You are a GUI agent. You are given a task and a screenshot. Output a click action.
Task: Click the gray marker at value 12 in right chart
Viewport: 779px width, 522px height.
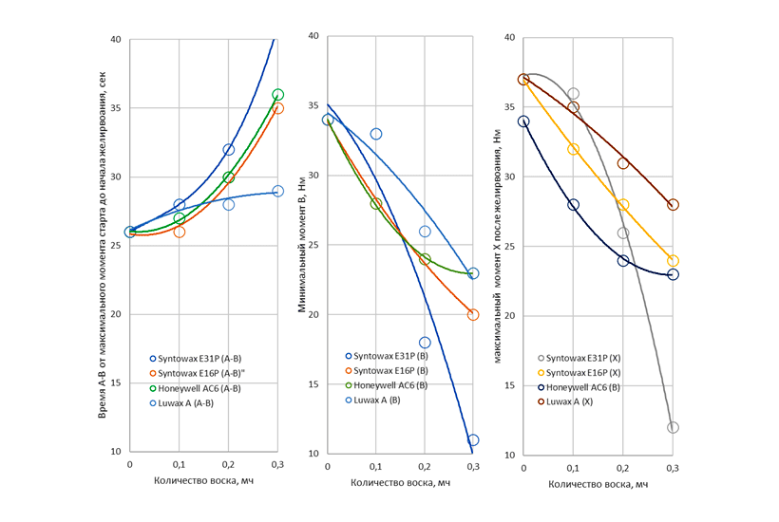point(673,427)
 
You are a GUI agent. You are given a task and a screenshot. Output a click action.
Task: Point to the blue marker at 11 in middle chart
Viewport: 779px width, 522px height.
point(473,440)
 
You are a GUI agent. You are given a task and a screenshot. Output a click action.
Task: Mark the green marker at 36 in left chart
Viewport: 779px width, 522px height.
point(277,95)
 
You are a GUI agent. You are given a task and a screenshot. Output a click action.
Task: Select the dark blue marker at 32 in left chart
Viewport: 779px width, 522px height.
point(228,150)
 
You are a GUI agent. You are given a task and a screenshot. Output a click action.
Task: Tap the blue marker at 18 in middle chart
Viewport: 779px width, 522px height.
point(425,343)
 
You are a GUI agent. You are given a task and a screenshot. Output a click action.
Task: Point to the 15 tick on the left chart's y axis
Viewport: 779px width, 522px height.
point(116,382)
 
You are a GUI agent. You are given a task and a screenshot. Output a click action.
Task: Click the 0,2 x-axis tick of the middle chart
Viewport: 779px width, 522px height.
point(425,467)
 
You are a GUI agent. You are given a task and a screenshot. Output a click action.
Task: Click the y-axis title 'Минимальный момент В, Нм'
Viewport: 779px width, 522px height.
point(304,245)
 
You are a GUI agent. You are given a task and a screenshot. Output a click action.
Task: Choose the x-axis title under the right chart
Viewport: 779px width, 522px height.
point(598,484)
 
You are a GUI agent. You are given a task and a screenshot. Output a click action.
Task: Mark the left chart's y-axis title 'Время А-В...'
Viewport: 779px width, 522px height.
point(104,245)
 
